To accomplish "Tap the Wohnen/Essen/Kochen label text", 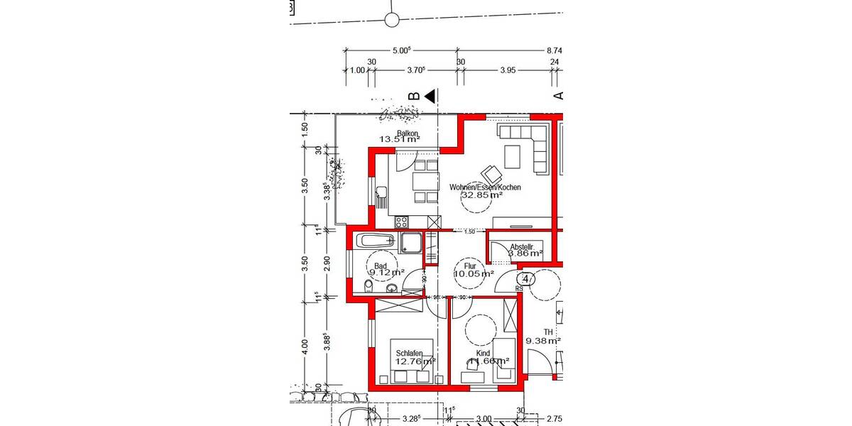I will [485, 187].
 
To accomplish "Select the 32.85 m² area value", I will [482, 195].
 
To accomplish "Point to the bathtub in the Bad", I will [374, 241].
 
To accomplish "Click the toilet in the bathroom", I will [368, 287].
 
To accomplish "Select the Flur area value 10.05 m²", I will [474, 274].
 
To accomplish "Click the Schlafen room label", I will [410, 354].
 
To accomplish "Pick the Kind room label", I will [484, 353].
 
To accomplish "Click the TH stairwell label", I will [548, 332].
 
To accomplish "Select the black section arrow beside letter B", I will [430, 95].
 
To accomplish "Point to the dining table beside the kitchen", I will [423, 182].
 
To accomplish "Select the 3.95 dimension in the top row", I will [507, 70].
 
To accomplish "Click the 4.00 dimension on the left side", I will [305, 345].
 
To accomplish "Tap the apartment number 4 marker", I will [525, 278].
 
